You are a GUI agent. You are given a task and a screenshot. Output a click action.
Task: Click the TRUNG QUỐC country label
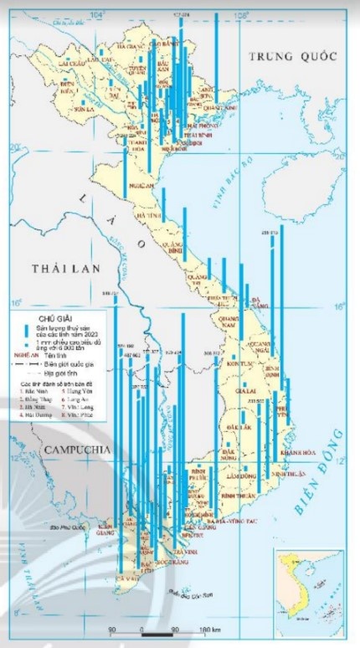pyautogui.click(x=290, y=56)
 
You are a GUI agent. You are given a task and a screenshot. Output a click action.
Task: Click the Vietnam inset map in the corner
pyautogui.click(x=309, y=582)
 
